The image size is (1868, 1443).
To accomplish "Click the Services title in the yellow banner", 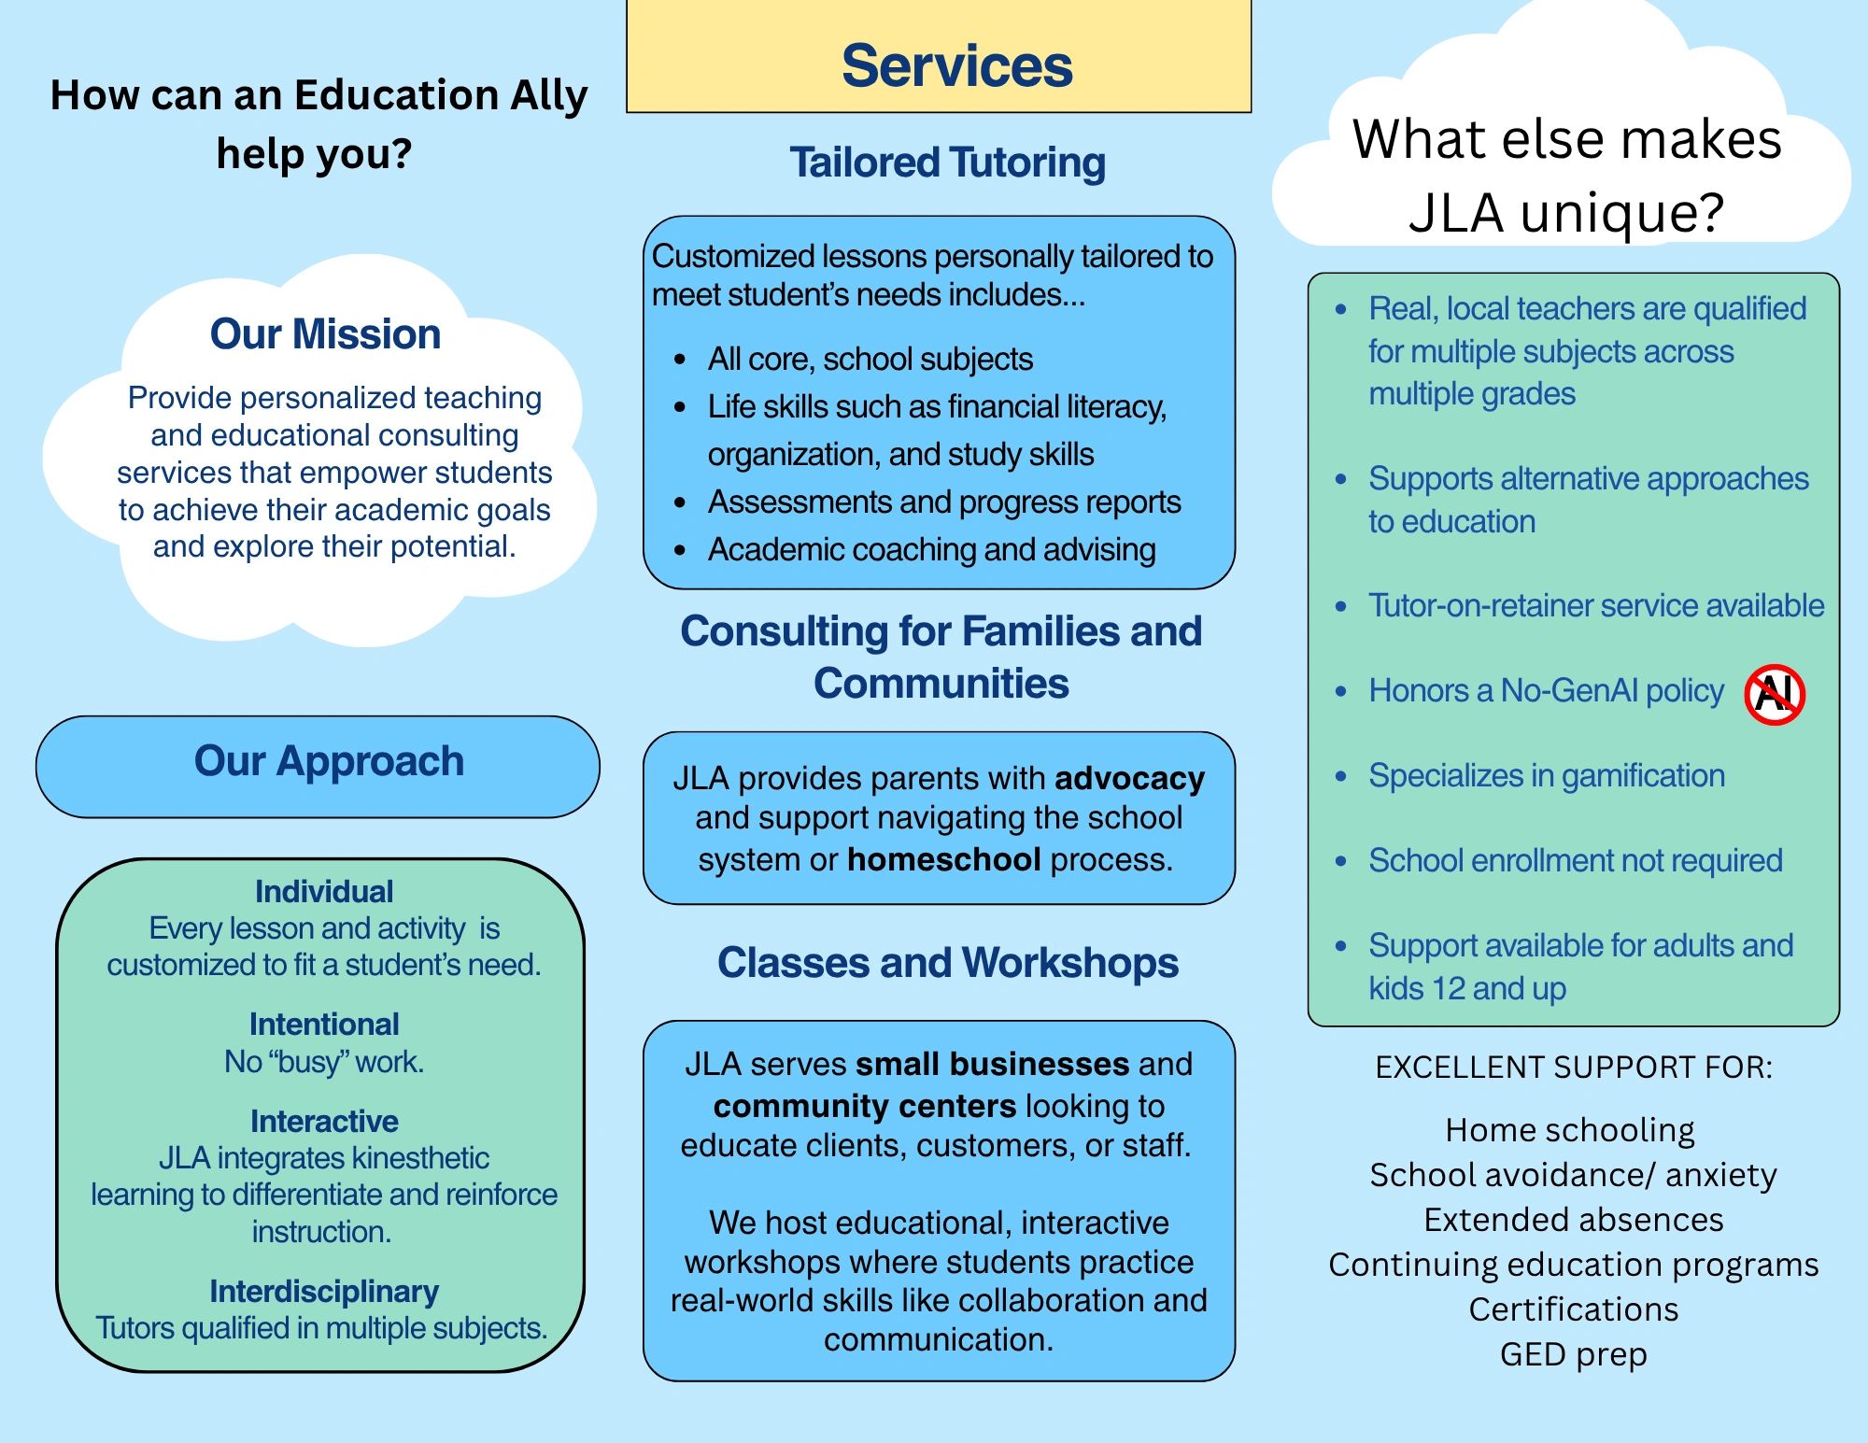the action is (956, 66).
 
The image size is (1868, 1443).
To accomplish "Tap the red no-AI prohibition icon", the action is (1775, 694).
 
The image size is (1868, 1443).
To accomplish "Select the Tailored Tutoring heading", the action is (947, 163).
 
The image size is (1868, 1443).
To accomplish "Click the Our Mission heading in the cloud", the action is (325, 334).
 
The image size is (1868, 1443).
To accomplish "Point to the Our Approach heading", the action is (329, 761).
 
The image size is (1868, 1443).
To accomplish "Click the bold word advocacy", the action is (1130, 779).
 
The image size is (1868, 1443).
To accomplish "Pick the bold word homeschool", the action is (943, 859).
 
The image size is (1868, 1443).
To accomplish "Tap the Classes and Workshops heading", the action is (948, 963).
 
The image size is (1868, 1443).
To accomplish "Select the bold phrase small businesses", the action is (993, 1064).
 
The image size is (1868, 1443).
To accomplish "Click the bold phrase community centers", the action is (864, 1107).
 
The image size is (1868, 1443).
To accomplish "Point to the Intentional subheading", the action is (324, 1025).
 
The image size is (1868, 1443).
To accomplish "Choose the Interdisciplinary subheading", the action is (324, 1292).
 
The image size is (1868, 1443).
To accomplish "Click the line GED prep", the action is (1573, 1355).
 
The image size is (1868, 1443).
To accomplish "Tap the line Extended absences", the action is (1573, 1220).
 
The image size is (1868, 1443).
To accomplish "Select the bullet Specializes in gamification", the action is (1547, 776).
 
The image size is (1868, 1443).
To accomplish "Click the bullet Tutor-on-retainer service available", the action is (1596, 606).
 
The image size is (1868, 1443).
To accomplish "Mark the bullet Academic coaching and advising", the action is (931, 550).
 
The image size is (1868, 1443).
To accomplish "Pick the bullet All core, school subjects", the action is (870, 360).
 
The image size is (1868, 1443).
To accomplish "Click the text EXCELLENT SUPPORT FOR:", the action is (1574, 1068).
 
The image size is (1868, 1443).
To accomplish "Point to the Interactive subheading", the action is (324, 1122).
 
